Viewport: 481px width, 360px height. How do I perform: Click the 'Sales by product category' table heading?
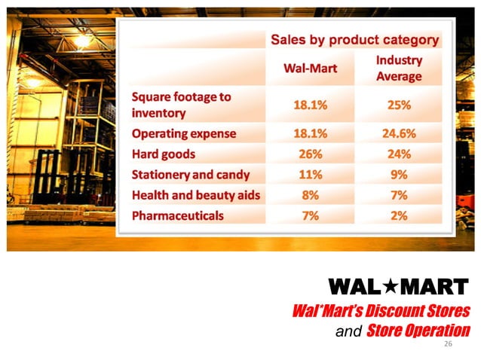pos(354,40)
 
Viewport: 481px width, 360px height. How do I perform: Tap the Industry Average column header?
pos(399,68)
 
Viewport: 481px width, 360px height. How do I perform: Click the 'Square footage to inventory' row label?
pos(181,105)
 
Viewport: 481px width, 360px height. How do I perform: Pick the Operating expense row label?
pos(184,134)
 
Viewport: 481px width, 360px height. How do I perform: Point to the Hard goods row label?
pos(164,154)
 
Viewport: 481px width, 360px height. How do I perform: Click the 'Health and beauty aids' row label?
pos(195,195)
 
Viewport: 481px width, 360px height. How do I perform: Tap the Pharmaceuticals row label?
pos(177,215)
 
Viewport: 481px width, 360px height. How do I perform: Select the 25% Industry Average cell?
pos(399,105)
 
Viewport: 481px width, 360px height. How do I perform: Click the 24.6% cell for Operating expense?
pos(399,134)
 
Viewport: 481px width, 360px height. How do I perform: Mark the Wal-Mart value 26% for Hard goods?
pos(309,154)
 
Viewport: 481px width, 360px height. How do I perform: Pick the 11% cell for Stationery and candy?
pos(309,175)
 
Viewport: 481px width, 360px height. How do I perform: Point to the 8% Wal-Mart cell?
pos(309,195)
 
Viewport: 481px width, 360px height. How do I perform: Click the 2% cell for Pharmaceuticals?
pos(399,215)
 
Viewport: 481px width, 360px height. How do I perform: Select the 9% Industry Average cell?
pos(399,175)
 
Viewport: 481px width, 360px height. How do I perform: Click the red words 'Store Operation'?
pos(418,330)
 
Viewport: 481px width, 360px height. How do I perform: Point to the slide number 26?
pos(449,343)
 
